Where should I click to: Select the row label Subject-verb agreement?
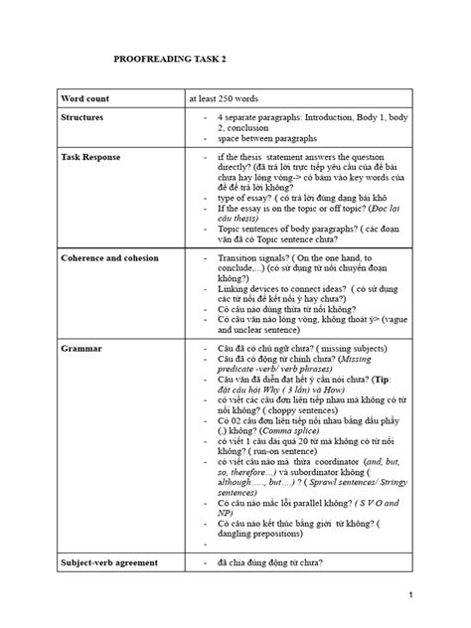tap(112, 563)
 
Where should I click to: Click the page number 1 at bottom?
tap(437, 596)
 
